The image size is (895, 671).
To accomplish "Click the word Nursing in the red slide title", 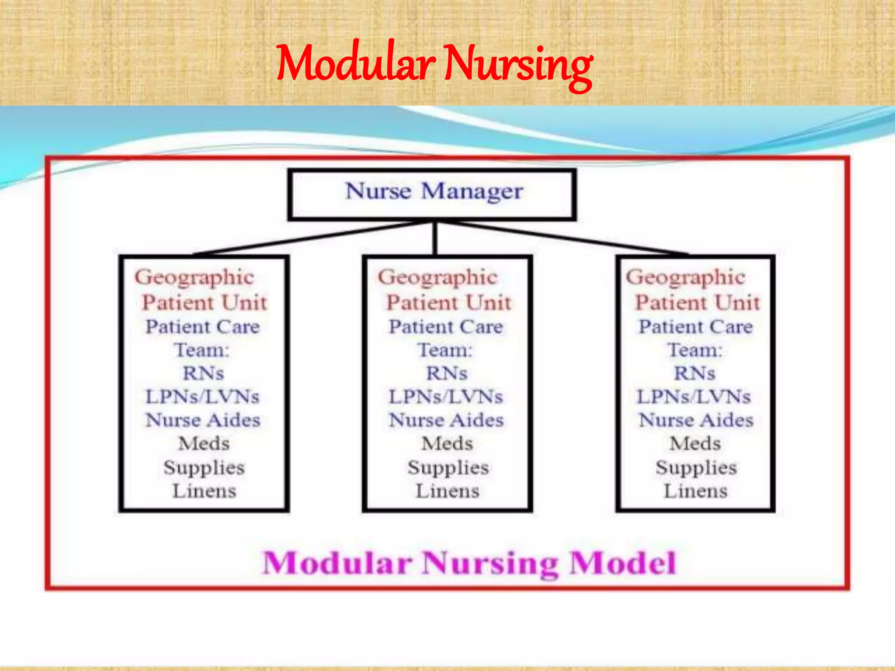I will [x=519, y=66].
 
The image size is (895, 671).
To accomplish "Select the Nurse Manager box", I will [x=432, y=194].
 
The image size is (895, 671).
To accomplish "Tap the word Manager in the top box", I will [x=472, y=191].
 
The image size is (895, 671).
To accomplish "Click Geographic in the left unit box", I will [x=194, y=277].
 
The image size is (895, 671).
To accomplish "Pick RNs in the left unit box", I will [x=203, y=374].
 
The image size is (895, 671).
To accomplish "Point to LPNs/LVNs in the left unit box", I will [x=202, y=397].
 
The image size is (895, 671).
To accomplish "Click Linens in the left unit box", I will [x=204, y=491].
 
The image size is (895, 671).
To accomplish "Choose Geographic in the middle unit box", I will [x=437, y=277].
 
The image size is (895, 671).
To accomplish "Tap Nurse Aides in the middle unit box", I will [x=446, y=420].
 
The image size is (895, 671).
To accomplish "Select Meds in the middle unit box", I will [x=447, y=444].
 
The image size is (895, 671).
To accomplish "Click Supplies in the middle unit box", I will [x=448, y=467].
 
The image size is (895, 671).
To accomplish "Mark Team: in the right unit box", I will [x=694, y=350].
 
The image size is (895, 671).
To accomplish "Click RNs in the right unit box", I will [x=694, y=374].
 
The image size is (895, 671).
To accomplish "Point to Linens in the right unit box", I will [x=696, y=491].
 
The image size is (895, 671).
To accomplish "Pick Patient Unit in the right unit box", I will [x=697, y=302].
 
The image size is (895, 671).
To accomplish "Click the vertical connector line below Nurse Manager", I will [x=435, y=239].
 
